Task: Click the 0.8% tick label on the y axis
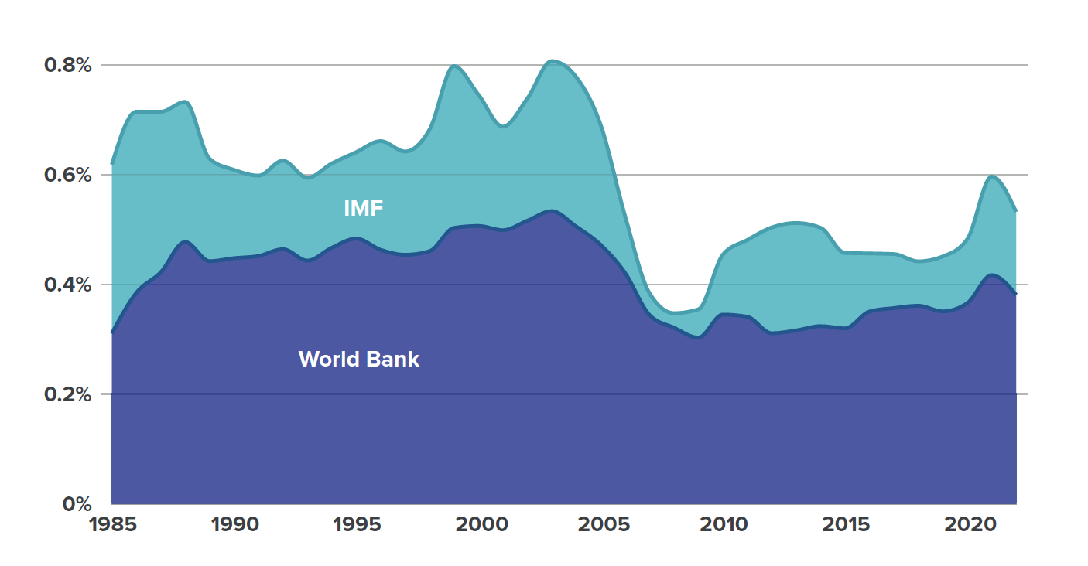coord(68,65)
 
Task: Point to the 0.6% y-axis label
coord(68,175)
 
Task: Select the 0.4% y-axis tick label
coord(68,285)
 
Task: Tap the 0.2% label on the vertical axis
coord(68,394)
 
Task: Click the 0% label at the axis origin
coord(76,504)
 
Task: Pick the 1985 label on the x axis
coord(113,525)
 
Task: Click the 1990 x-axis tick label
coord(235,525)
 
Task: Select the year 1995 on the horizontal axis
coord(358,525)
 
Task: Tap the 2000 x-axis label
coord(481,525)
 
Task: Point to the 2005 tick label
coord(604,525)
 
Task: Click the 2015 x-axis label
coord(848,525)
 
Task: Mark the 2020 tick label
coord(970,525)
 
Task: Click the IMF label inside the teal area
coord(364,208)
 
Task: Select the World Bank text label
coord(359,359)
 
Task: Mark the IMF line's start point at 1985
coord(112,164)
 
